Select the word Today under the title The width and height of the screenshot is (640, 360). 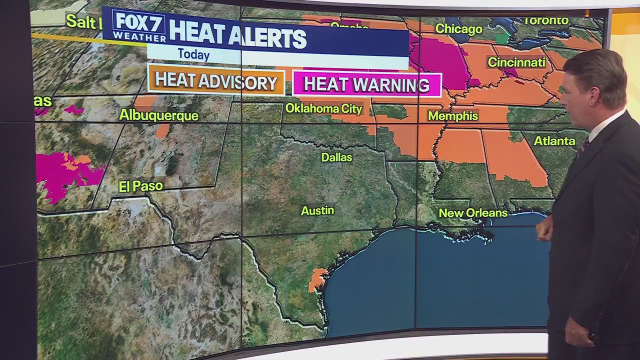pyautogui.click(x=193, y=54)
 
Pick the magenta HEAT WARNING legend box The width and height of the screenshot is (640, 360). pyautogui.click(x=366, y=84)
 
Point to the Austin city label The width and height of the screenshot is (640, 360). pyautogui.click(x=317, y=210)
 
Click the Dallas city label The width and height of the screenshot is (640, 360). pyautogui.click(x=336, y=157)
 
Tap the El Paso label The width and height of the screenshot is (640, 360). pyautogui.click(x=141, y=186)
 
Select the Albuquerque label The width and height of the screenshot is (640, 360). pyautogui.click(x=158, y=115)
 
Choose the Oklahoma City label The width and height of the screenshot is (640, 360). pyautogui.click(x=323, y=108)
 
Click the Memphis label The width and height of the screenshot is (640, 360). pyautogui.click(x=453, y=116)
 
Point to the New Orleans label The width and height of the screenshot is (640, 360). pyautogui.click(x=473, y=213)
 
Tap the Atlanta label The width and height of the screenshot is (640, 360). pyautogui.click(x=554, y=141)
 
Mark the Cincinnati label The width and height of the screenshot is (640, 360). pyautogui.click(x=516, y=62)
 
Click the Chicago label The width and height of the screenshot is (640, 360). pyautogui.click(x=458, y=29)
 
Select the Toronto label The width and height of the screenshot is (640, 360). pyautogui.click(x=546, y=21)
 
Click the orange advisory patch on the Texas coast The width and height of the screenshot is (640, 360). pyautogui.click(x=317, y=279)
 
